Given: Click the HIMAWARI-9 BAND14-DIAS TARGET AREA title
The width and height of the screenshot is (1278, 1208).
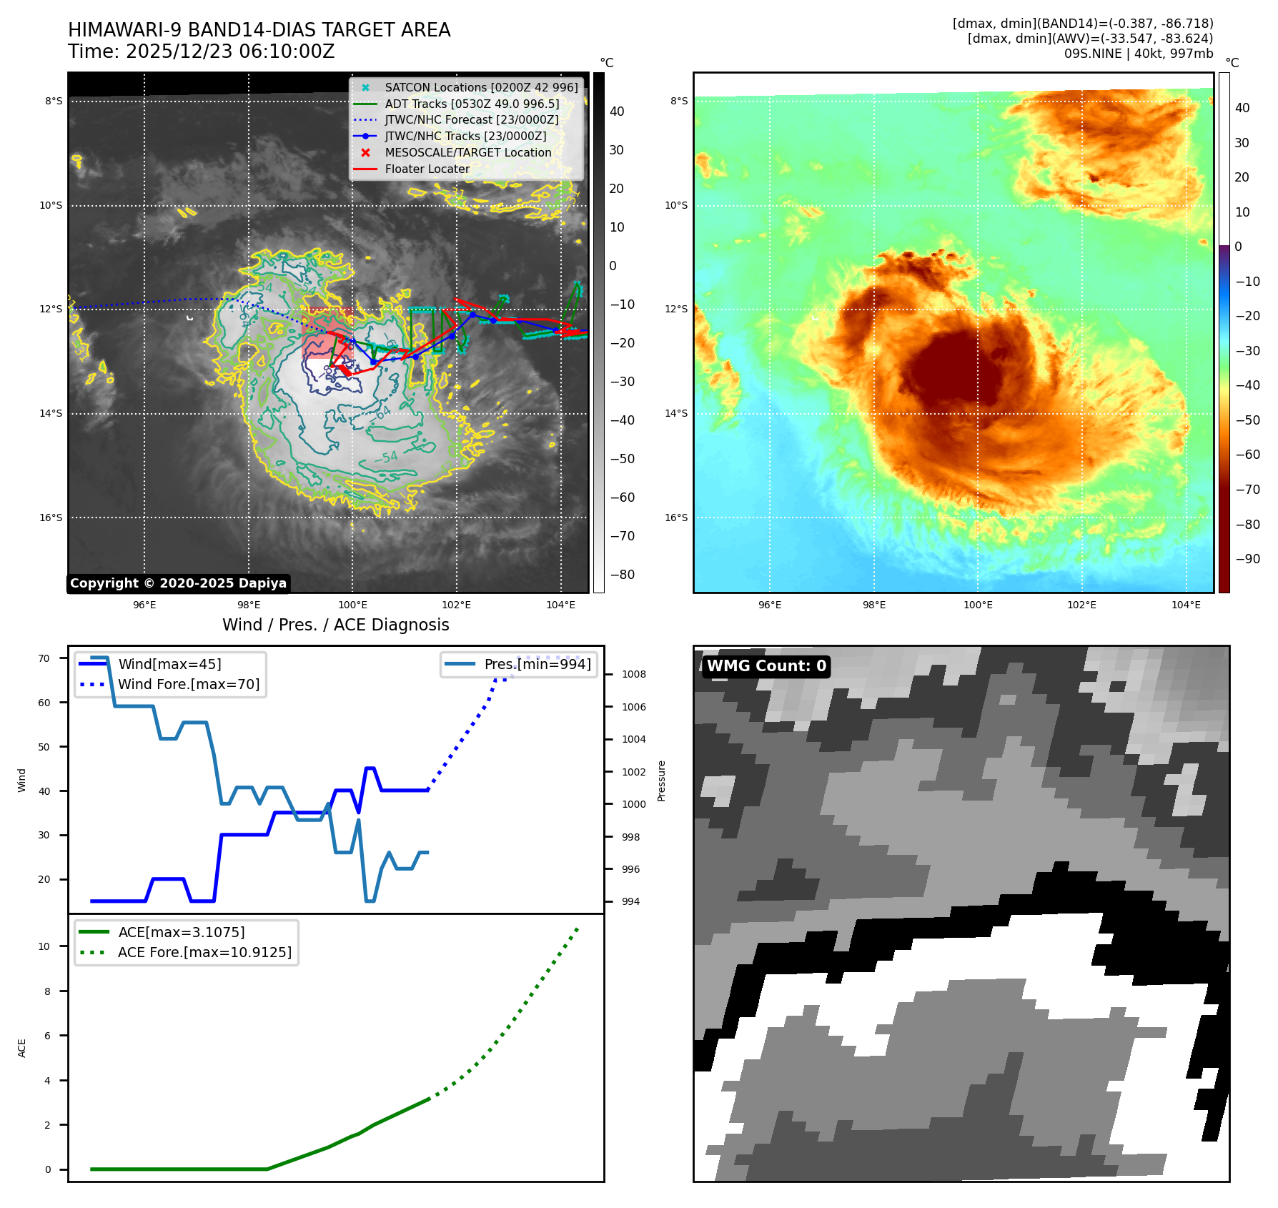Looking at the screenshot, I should click(x=259, y=30).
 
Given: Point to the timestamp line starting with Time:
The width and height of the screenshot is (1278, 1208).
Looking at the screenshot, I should click(x=201, y=51).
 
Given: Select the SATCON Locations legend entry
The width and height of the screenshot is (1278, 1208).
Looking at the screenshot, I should click(x=481, y=87).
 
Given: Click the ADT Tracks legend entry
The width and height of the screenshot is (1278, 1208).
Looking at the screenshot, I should click(x=472, y=104).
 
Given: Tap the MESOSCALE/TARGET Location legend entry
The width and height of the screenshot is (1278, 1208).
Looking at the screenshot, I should click(x=468, y=152).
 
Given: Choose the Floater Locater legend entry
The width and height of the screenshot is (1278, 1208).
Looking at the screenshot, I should click(x=427, y=169).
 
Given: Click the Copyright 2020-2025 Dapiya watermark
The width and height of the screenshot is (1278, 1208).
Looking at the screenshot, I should click(x=178, y=583).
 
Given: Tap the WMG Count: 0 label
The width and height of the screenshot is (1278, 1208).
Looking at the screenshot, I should click(x=766, y=666).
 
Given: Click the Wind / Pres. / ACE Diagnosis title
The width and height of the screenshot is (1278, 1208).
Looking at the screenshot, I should click(x=336, y=625).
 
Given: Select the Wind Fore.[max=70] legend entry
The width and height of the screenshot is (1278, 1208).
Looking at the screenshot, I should click(x=189, y=684).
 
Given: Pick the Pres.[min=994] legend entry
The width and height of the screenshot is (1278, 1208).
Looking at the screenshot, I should click(x=538, y=664).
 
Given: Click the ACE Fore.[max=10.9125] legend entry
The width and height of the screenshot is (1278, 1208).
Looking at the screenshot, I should click(x=204, y=952).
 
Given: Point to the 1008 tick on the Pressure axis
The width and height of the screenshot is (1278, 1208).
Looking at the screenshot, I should click(x=633, y=674).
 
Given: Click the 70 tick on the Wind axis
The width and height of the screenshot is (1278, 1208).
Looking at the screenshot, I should click(x=44, y=658).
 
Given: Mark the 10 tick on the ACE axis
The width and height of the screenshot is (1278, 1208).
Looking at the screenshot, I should click(x=44, y=946).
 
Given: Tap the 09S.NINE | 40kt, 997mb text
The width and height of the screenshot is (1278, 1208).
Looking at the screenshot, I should click(x=1139, y=54).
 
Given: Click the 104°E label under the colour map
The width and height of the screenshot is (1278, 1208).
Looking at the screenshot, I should click(x=1186, y=605).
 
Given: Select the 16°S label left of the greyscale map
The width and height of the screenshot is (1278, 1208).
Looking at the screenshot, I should click(x=51, y=518).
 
